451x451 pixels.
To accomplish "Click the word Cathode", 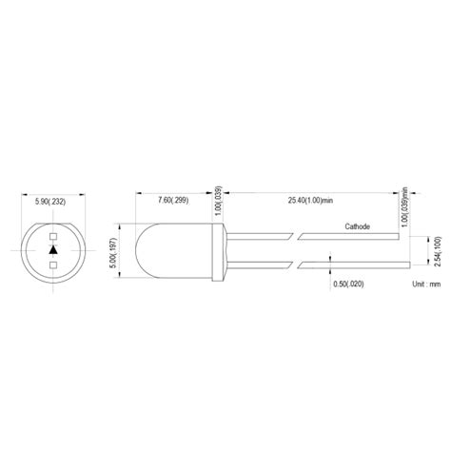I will point(358,227).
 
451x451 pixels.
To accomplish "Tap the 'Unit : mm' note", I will point(425,284).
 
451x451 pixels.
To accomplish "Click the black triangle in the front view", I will point(53,250).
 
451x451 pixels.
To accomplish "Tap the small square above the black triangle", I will point(53,237).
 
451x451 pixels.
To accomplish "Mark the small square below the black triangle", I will point(53,264).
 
